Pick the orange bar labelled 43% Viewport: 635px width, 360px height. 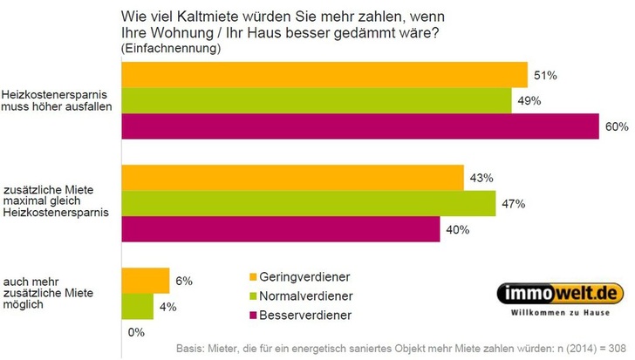click(x=292, y=178)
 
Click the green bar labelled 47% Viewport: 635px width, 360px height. click(x=305, y=204)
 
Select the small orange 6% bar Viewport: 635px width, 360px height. click(x=146, y=281)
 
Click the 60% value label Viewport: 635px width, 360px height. click(x=617, y=127)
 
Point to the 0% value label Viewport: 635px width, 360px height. click(x=135, y=332)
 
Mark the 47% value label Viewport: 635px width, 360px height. click(x=511, y=204)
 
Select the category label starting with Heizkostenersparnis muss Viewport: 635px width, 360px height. click(x=58, y=101)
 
